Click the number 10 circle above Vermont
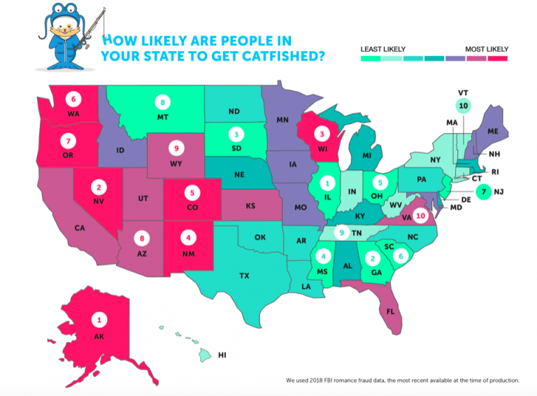click(x=462, y=106)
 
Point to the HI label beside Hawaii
click(x=222, y=355)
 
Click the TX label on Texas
click(x=244, y=276)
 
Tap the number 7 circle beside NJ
click(x=480, y=190)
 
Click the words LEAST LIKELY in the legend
click(x=380, y=49)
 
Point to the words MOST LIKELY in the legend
click(x=487, y=49)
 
